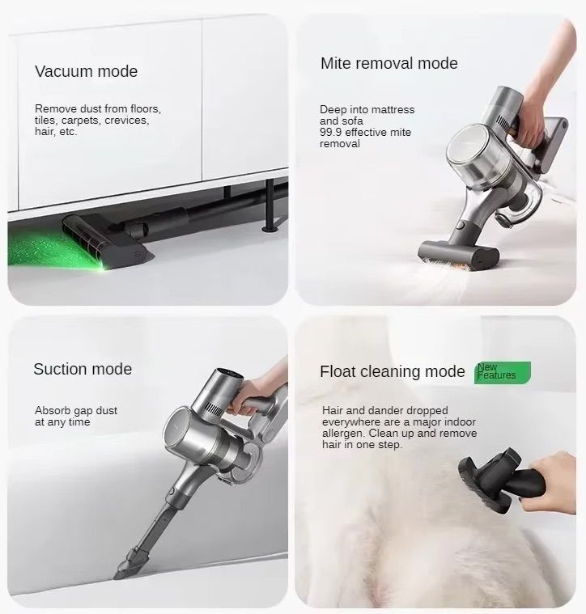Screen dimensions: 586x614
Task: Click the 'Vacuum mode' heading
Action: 86,71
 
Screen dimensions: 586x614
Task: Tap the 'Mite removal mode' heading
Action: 389,63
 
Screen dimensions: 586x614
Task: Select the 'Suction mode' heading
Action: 83,369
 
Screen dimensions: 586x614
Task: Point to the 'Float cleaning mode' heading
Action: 392,371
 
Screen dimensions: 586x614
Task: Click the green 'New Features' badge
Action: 503,372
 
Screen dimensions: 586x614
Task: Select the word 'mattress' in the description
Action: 393,110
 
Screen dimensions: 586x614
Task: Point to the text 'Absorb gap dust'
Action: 76,411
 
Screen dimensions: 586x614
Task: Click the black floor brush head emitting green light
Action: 107,242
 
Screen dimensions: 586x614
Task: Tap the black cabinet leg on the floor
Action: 270,205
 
